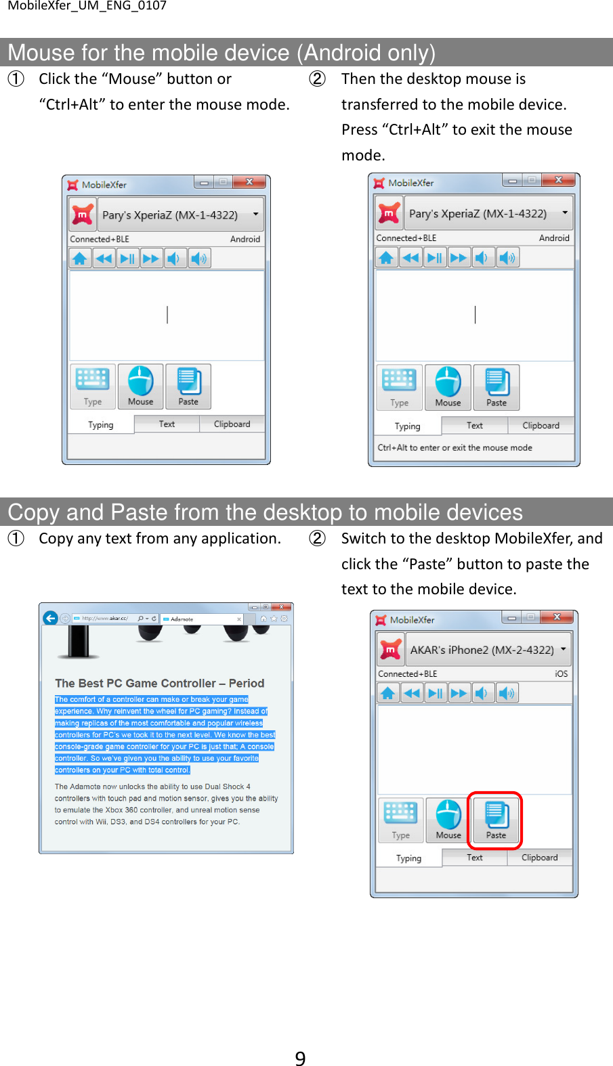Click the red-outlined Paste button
click(x=496, y=820)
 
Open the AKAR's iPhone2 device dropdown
click(x=562, y=648)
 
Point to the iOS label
click(x=561, y=673)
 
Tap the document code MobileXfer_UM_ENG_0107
click(x=87, y=6)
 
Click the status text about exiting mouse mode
click(x=455, y=447)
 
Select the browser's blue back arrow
click(x=50, y=618)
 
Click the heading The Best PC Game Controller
click(x=159, y=683)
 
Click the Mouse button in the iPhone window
click(x=448, y=820)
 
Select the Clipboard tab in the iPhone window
click(x=539, y=858)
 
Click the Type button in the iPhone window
click(x=400, y=820)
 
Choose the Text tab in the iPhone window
click(x=474, y=858)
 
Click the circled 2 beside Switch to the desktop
click(x=317, y=539)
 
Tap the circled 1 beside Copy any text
click(x=16, y=539)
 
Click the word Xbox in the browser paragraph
click(x=114, y=810)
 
